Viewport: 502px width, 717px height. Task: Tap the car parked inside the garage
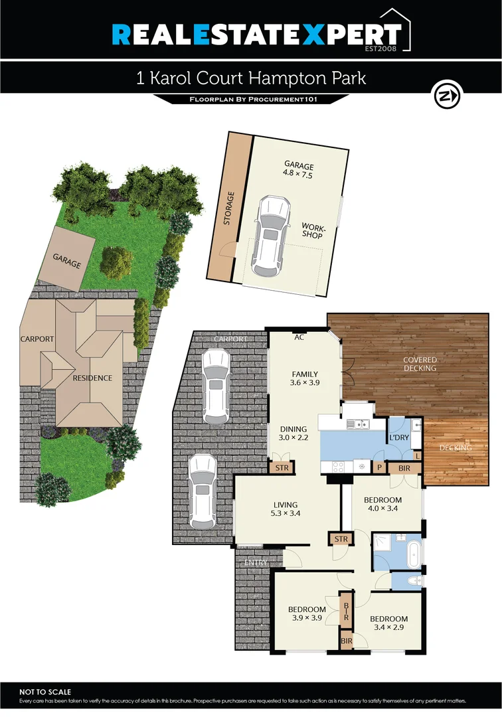coord(270,236)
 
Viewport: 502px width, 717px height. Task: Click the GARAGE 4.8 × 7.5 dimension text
coord(298,171)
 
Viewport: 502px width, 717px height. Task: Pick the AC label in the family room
coord(299,337)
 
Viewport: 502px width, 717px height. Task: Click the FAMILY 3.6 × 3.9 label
coord(304,378)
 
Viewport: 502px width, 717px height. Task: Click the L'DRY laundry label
coord(398,438)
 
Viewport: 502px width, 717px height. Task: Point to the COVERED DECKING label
coord(420,364)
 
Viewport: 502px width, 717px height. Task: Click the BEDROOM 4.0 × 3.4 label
coord(382,504)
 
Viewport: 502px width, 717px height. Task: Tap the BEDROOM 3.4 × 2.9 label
coord(390,623)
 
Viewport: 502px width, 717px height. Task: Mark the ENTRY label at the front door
coord(256,563)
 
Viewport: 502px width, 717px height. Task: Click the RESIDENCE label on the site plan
coord(93,378)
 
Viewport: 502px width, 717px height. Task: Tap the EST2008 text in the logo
coord(383,48)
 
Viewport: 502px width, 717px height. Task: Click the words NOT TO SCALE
coord(45,692)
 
